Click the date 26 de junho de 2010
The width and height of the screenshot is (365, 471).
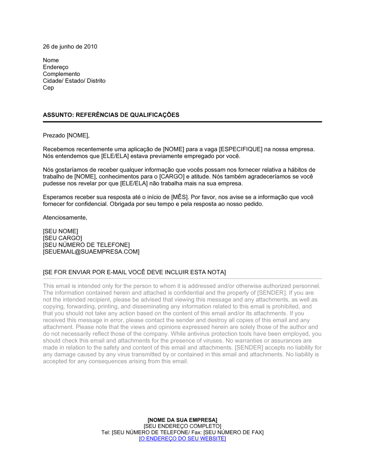pos(70,47)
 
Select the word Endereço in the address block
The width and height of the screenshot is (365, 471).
pos(55,67)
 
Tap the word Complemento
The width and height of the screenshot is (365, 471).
pos(61,74)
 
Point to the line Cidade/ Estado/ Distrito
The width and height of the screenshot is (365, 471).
pos(74,81)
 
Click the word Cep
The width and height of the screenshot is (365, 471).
pos(48,88)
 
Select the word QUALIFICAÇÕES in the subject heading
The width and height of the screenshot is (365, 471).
pos(153,115)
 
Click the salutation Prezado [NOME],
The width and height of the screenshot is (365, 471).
pos(66,136)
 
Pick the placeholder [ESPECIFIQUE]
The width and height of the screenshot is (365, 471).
pos(241,149)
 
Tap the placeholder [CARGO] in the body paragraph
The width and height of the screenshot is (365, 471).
pos(172,177)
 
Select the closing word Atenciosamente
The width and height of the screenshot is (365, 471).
pos(65,218)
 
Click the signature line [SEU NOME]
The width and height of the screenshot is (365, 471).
pos(60,231)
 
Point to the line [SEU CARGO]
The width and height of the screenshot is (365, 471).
pos(62,238)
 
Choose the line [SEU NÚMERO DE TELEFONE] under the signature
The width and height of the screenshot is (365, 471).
pos(86,245)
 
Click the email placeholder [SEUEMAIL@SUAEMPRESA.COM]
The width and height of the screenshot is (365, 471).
pos(91,252)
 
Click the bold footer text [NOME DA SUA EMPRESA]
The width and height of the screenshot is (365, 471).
pos(182,420)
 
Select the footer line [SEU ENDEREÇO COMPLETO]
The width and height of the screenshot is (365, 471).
pos(182,426)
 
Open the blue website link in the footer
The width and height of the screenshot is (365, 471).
pos(182,439)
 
